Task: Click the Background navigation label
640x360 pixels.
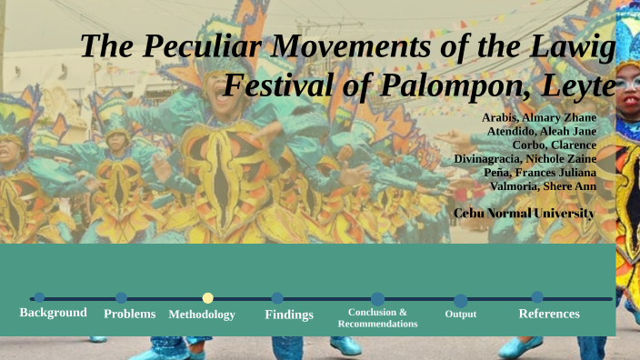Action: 54,313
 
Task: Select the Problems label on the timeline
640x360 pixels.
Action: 130,314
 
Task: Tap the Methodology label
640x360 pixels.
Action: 202,315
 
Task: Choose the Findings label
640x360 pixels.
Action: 289,315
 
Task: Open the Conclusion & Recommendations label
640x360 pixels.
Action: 377,318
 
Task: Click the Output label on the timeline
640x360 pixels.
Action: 461,315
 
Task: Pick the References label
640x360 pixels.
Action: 549,314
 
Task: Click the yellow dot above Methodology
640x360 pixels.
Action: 208,298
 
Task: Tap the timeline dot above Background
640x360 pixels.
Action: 39,297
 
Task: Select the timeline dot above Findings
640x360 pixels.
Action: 277,297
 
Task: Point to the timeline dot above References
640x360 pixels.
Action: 537,297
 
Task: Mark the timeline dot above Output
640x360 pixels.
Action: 461,300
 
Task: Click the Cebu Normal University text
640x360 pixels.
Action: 524,213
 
